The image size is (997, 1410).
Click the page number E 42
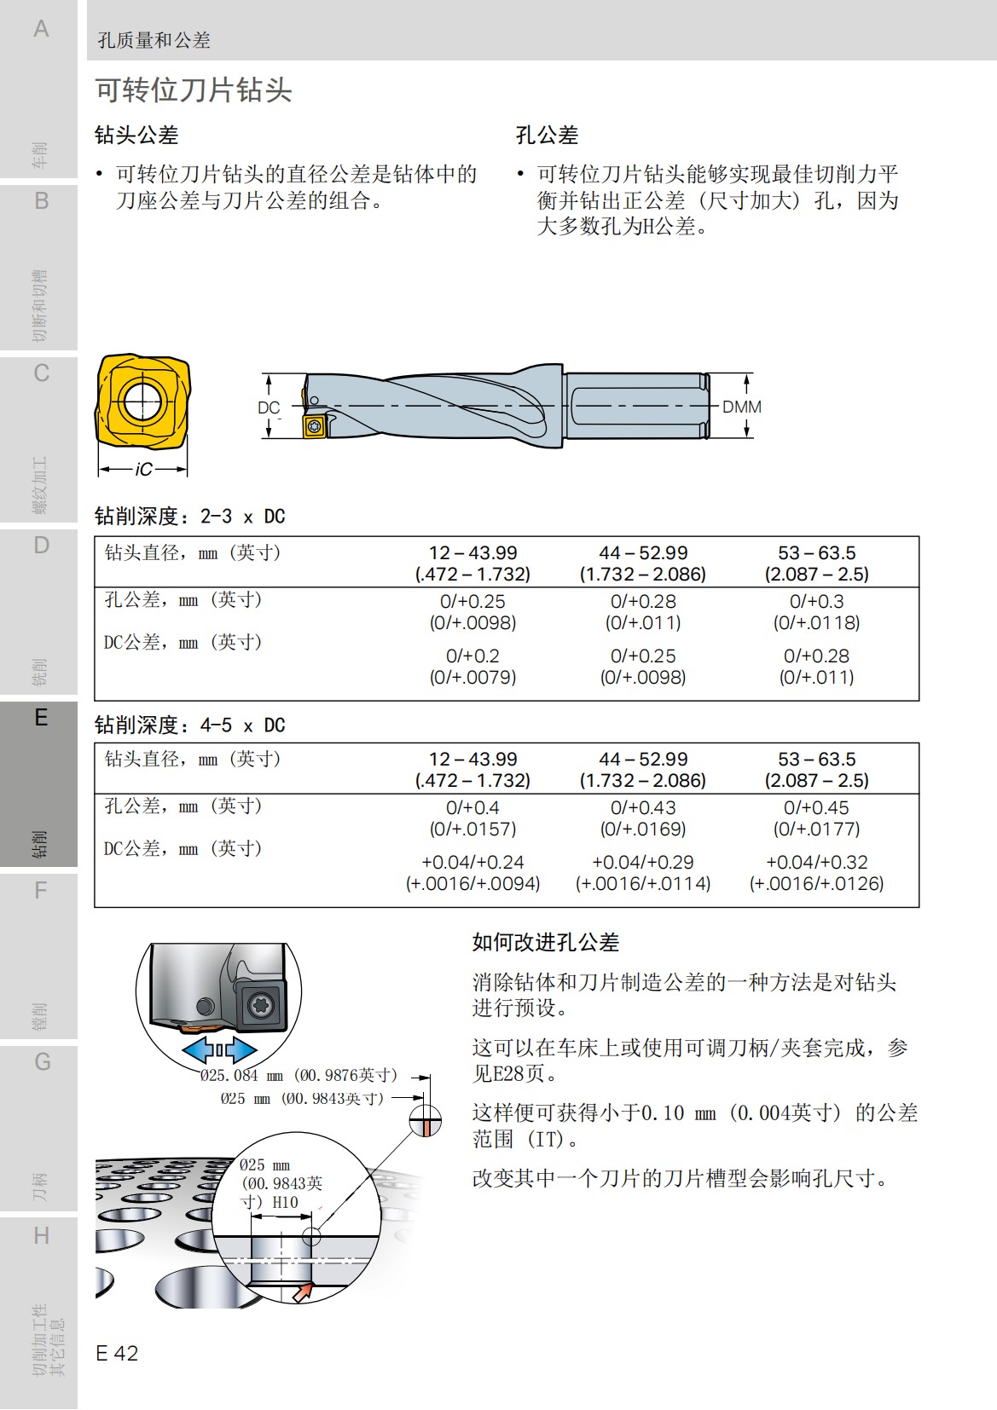coord(117,1353)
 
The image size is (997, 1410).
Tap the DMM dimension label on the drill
coord(741,407)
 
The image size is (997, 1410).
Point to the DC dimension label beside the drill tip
coord(269,407)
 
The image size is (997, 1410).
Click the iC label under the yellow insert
coord(143,469)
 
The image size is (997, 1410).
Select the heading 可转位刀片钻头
coord(194,90)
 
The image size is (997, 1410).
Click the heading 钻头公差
coord(136,135)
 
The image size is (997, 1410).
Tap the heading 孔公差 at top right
coord(547,135)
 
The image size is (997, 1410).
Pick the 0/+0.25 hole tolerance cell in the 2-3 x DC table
coord(472,601)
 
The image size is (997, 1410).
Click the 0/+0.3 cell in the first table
coord(816,601)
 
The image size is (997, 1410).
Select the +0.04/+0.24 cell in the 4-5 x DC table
coord(472,862)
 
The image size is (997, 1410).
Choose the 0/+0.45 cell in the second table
coord(816,807)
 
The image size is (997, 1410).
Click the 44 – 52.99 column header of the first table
coord(643,553)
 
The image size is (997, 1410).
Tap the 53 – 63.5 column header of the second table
coord(816,759)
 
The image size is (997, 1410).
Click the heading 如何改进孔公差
coord(546,942)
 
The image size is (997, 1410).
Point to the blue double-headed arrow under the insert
coord(219,1049)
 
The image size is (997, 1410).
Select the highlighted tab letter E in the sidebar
coord(40,718)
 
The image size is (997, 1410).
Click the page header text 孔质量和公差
coord(154,40)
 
